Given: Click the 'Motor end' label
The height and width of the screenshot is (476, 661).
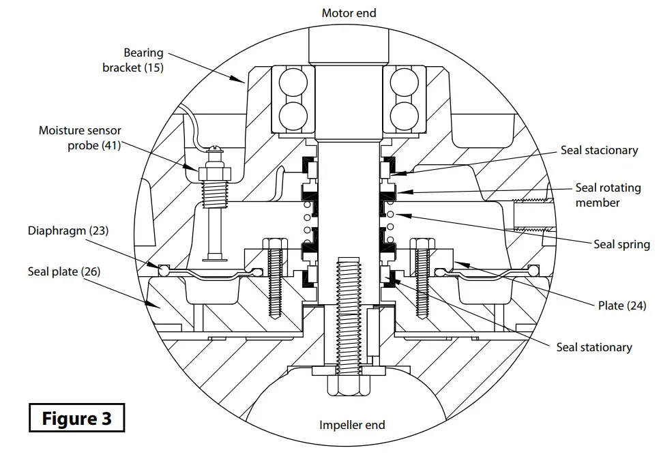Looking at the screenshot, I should [x=349, y=13].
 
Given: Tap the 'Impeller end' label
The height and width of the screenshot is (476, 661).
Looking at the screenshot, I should [x=352, y=425].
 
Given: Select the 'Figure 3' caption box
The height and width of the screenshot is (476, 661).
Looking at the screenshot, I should [x=76, y=417].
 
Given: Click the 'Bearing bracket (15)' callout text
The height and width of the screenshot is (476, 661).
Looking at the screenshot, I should [x=134, y=60].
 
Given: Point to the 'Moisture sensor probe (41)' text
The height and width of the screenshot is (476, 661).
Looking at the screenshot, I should [x=80, y=137].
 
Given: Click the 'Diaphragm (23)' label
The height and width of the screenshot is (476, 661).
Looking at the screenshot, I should [x=68, y=230].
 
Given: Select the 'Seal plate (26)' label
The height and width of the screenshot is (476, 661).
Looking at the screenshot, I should [x=64, y=271].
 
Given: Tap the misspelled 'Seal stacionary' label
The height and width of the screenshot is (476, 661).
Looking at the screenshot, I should [x=599, y=150].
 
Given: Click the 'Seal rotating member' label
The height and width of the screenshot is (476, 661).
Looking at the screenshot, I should [x=607, y=195].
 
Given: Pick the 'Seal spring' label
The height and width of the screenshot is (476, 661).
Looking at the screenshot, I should [x=621, y=244].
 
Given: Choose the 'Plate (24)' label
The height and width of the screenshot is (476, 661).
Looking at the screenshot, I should [x=621, y=306].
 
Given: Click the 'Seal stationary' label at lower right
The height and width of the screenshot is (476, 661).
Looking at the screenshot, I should [x=593, y=347].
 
